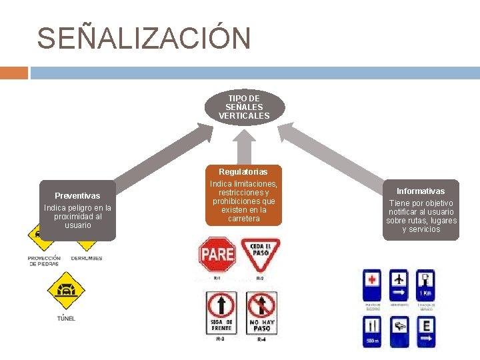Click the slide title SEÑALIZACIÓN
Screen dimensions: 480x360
click(144, 39)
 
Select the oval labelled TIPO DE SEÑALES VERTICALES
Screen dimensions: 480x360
click(244, 107)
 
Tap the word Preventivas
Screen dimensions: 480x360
click(77, 196)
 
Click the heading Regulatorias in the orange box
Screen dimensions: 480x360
click(243, 172)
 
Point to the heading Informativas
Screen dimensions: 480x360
click(421, 191)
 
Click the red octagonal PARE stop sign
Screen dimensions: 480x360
click(217, 254)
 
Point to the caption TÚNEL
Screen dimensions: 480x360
click(66, 318)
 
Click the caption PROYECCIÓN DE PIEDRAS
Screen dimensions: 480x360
click(44, 261)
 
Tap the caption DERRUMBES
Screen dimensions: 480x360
click(86, 258)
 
